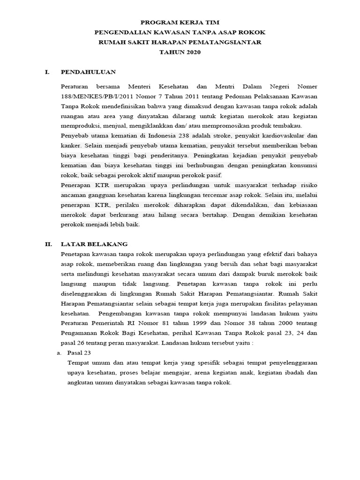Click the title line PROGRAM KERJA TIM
click(x=180, y=22)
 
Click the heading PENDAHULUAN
click(x=88, y=72)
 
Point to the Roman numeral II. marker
click(x=48, y=244)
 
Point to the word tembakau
click(x=288, y=126)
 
